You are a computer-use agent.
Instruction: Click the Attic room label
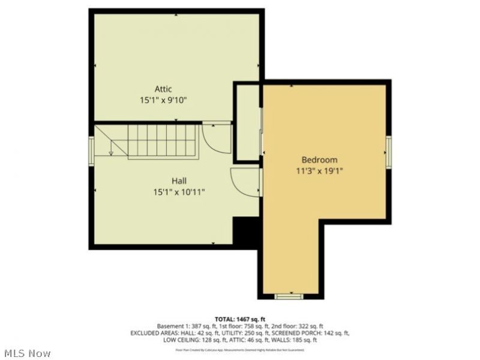point(163,89)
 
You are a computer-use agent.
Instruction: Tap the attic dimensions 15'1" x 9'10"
point(163,100)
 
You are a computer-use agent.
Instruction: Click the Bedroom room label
point(319,160)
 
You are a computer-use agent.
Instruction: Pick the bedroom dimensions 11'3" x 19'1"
point(319,170)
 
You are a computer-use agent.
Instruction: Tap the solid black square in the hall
point(245,232)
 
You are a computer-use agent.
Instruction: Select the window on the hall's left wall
point(91,150)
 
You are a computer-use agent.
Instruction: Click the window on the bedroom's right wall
point(389,151)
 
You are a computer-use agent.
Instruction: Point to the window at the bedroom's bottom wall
point(289,296)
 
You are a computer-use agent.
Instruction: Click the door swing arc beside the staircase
point(216,138)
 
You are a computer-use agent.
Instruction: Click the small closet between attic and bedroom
point(247,123)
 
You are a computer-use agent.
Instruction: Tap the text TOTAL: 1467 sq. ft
point(240,319)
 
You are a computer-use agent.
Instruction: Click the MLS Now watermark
point(27,353)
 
